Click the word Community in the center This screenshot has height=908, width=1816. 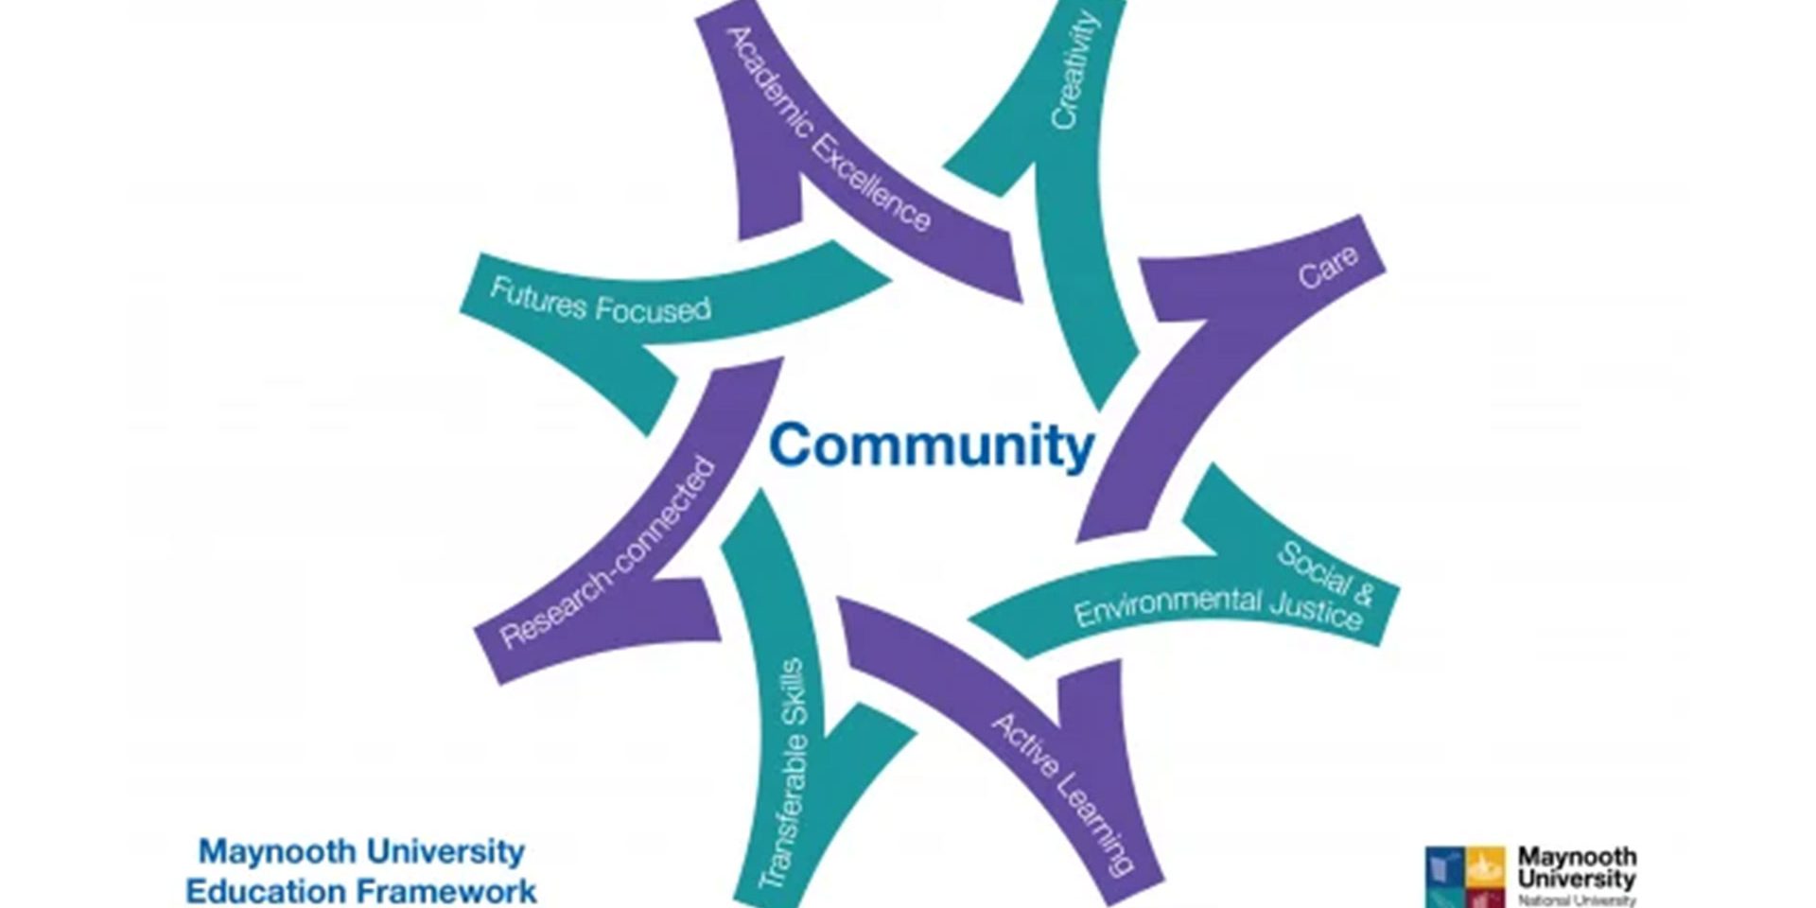coord(932,446)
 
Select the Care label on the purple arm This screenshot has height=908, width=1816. coord(1327,267)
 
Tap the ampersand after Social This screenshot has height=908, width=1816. coord(1362,594)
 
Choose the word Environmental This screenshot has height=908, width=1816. coord(1168,606)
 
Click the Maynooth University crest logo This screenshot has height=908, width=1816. coord(1465,876)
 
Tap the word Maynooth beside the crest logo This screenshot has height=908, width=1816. coord(1577,856)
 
